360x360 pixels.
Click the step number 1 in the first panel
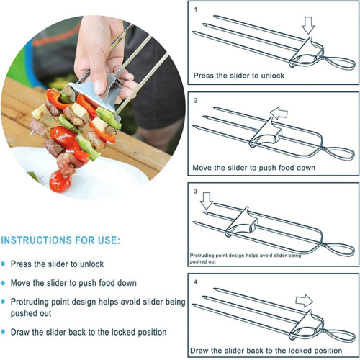[x=196, y=9]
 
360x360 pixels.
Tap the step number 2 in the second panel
[x=196, y=100]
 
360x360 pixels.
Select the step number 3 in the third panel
[x=196, y=191]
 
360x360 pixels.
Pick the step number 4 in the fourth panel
[x=196, y=282]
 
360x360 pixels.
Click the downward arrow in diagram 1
[x=308, y=25]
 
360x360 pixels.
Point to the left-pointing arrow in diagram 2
[x=279, y=113]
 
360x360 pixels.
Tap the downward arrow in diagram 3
[x=207, y=201]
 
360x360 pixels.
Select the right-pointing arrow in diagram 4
[x=305, y=300]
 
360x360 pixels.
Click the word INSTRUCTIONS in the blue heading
[x=36, y=240]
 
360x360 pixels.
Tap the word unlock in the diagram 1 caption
[x=272, y=76]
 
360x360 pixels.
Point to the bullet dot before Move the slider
[x=3, y=283]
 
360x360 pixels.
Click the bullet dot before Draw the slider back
[x=3, y=333]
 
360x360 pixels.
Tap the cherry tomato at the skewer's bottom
[x=60, y=181]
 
